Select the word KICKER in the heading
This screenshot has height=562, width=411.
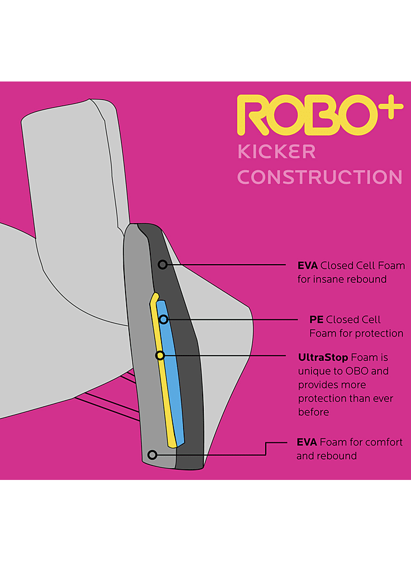(276, 151)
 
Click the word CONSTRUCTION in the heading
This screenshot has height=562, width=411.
(320, 177)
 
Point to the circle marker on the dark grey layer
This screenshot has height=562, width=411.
(162, 264)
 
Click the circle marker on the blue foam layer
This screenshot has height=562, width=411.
(163, 320)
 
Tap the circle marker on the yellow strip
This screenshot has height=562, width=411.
(160, 355)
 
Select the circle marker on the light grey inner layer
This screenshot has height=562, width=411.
(151, 454)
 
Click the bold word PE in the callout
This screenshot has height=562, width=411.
(316, 320)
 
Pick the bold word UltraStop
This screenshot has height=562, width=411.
(323, 357)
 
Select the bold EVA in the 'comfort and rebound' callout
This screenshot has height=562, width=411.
(307, 442)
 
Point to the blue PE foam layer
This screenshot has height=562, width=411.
(170, 371)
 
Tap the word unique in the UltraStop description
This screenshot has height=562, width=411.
(313, 371)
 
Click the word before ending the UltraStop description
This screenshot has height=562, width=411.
(314, 413)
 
